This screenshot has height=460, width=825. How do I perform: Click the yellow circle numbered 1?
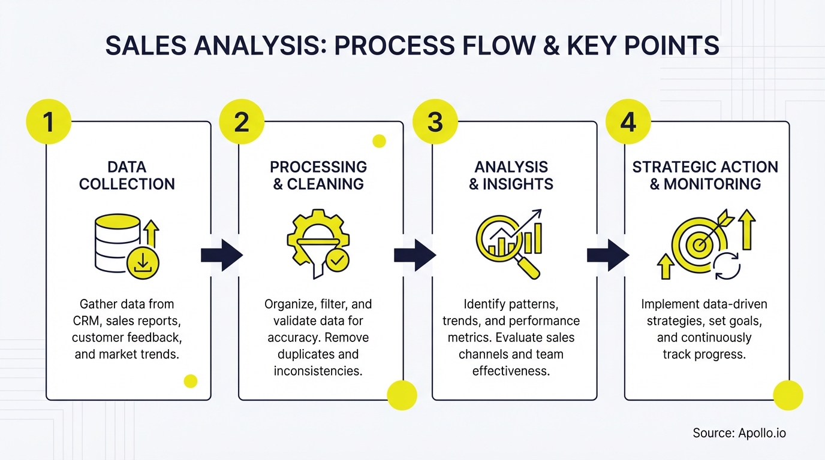49,122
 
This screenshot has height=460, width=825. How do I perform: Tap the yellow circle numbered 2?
242,122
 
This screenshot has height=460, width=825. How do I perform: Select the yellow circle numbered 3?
435,122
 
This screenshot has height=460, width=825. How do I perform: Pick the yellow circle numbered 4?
628,122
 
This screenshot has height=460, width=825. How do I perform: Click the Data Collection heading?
127,175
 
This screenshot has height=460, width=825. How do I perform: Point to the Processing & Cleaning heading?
318,175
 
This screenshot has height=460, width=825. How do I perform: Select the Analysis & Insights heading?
511,175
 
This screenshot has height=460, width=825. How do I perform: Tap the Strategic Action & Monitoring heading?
705,175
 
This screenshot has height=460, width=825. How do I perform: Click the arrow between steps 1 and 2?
221,256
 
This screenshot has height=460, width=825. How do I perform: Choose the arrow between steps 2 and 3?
414,256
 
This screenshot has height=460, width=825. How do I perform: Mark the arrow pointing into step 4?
607,256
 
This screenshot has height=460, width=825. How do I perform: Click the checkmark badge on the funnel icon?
338,261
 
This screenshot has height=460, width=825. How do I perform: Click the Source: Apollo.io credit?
739,433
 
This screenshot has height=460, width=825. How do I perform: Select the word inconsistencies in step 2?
318,371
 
